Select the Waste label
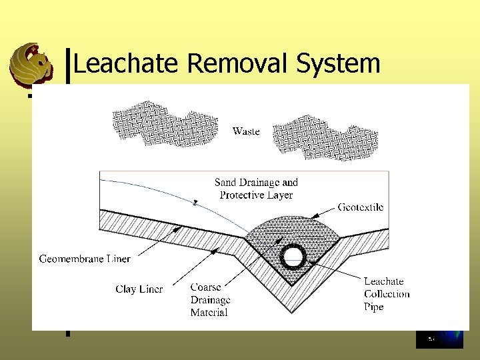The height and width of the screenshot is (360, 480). tap(246, 131)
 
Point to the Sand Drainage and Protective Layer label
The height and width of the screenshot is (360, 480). tap(256, 189)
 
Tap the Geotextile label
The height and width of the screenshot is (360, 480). tap(361, 207)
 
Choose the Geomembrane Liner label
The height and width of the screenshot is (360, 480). tap(85, 258)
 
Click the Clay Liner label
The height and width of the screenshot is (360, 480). tap(139, 289)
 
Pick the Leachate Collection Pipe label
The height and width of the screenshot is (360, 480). tap(387, 294)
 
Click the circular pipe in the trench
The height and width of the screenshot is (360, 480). tap(293, 257)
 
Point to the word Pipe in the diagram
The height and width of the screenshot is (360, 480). tap(374, 307)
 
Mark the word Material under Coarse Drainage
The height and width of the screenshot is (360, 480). tap(209, 313)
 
